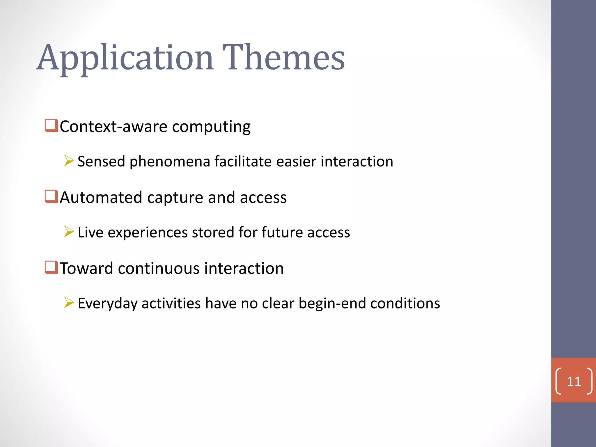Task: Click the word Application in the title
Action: (x=125, y=58)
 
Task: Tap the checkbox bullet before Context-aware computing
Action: (x=51, y=125)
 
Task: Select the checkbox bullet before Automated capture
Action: (x=51, y=196)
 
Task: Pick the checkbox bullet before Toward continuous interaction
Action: (x=51, y=267)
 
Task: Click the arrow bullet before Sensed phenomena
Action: (x=69, y=161)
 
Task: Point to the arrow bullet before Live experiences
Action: (x=69, y=232)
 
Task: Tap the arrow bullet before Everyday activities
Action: (x=69, y=303)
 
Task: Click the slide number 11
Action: (x=574, y=382)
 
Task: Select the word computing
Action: (x=211, y=127)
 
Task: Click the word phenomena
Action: (x=170, y=162)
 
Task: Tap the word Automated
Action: (x=101, y=197)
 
